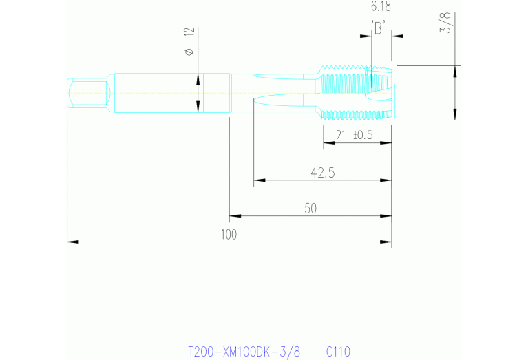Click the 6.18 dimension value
pyautogui.click(x=380, y=7)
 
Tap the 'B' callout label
pyautogui.click(x=378, y=27)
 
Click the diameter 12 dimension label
pyautogui.click(x=190, y=42)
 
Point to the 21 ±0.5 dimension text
pyautogui.click(x=353, y=135)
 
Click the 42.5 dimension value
pyautogui.click(x=322, y=173)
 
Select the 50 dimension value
pyautogui.click(x=310, y=208)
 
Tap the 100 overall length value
pyautogui.click(x=229, y=234)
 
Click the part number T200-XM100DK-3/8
pyautogui.click(x=244, y=352)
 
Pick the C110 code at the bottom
pyautogui.click(x=338, y=352)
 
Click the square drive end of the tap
pyautogui.click(x=89, y=92)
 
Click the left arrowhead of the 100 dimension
pyautogui.click(x=72, y=242)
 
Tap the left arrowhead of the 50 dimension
pyautogui.click(x=235, y=216)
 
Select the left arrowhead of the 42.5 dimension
pyautogui.click(x=259, y=181)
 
